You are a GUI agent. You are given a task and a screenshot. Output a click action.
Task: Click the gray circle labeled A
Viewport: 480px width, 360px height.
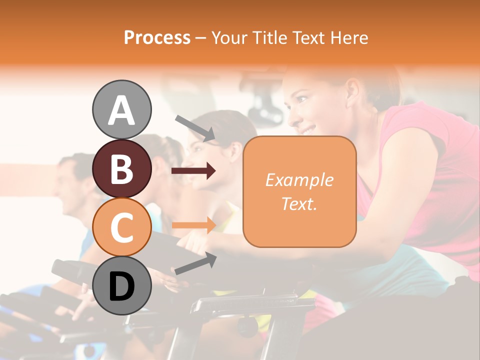point(121,109)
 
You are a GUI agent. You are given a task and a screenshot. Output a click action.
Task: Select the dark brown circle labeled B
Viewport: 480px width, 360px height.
point(121,169)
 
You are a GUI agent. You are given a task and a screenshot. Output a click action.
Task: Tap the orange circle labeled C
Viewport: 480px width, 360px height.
point(121,228)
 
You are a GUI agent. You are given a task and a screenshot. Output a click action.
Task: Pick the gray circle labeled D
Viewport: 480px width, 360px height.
point(121,286)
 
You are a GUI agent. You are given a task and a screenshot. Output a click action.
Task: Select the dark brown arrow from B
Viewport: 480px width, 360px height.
point(193,171)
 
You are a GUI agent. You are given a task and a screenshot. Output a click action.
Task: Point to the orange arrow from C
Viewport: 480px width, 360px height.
point(193,225)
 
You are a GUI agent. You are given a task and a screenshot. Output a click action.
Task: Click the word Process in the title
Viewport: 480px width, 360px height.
point(157,37)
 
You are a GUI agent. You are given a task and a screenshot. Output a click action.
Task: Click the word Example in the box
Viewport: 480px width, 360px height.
point(299,180)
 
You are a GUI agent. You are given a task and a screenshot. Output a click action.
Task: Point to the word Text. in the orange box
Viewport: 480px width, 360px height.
point(299,203)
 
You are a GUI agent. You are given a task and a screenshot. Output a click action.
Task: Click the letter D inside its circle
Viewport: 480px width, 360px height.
point(121,287)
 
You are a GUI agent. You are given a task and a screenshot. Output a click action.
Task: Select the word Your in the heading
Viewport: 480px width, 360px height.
point(229,37)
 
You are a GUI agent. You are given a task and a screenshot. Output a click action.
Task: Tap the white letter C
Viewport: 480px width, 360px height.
point(121,228)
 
